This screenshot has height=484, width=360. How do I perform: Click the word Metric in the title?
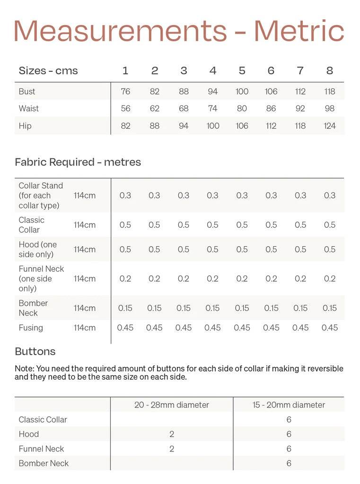tap(299, 31)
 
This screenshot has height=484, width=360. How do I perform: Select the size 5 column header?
tap(242, 71)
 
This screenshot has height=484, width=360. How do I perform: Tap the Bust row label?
tap(27, 91)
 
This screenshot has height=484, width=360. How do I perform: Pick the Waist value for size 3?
tap(184, 109)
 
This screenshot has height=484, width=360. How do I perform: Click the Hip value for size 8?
tap(330, 126)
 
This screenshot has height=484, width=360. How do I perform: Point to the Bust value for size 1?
tap(125, 91)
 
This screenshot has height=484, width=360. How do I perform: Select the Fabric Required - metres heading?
tap(78, 162)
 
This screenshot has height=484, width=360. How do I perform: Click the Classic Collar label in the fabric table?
tap(31, 225)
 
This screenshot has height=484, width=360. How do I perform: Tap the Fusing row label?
tap(31, 328)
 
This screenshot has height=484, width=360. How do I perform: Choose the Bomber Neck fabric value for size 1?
tap(125, 308)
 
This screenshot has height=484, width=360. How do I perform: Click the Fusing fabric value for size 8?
tap(330, 328)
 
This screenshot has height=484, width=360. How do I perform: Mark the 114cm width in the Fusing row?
tap(85, 328)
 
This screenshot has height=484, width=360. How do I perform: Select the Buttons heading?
tap(35, 352)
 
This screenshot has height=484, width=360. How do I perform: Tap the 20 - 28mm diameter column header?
tap(172, 405)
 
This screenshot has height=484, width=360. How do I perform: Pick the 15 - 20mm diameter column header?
tap(289, 405)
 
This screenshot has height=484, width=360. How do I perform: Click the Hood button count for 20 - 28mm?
tap(172, 434)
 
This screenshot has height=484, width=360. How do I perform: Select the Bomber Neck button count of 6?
tap(289, 463)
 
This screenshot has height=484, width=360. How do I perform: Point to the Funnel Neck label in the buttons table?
tap(41, 449)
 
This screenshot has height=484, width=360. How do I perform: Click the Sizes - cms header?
tap(48, 71)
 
